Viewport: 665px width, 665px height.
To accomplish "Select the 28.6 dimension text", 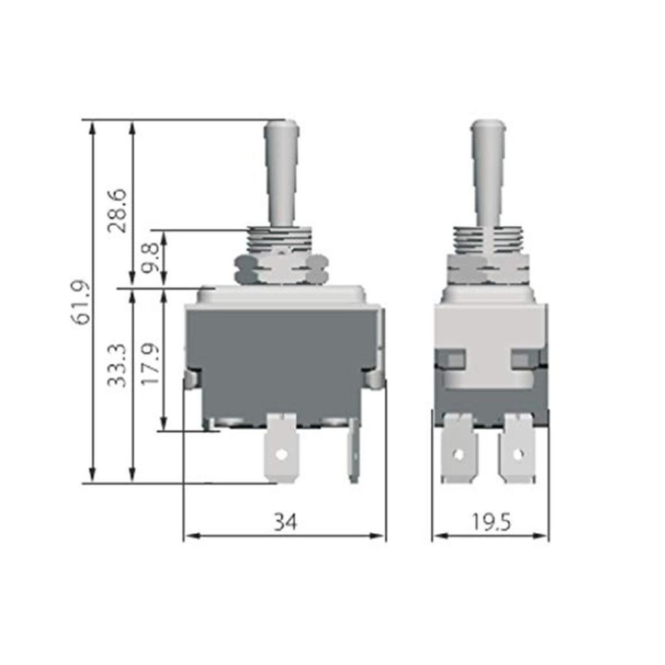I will [118, 211].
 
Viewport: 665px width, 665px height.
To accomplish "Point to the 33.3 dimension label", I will [117, 368].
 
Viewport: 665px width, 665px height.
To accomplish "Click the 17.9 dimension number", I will [150, 366].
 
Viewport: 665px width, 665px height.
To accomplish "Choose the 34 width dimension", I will [285, 521].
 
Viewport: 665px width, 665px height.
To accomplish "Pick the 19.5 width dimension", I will [491, 521].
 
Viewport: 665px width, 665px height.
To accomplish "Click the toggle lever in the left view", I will [281, 172].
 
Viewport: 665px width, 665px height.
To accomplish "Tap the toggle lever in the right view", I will [488, 172].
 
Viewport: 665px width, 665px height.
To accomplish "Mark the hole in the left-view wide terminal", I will [281, 455].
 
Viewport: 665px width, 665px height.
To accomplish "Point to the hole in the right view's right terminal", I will [518, 454].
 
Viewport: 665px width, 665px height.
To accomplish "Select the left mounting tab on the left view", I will [191, 379].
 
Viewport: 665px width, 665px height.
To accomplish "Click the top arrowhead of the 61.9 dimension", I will [92, 127].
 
